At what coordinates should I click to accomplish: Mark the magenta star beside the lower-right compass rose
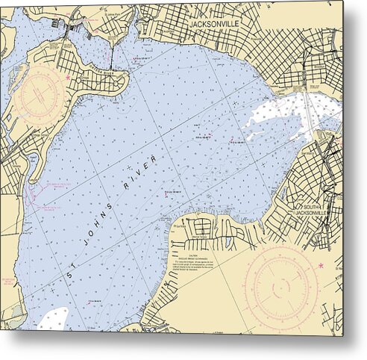(321, 265)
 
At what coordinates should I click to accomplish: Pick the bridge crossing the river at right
(308, 112)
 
